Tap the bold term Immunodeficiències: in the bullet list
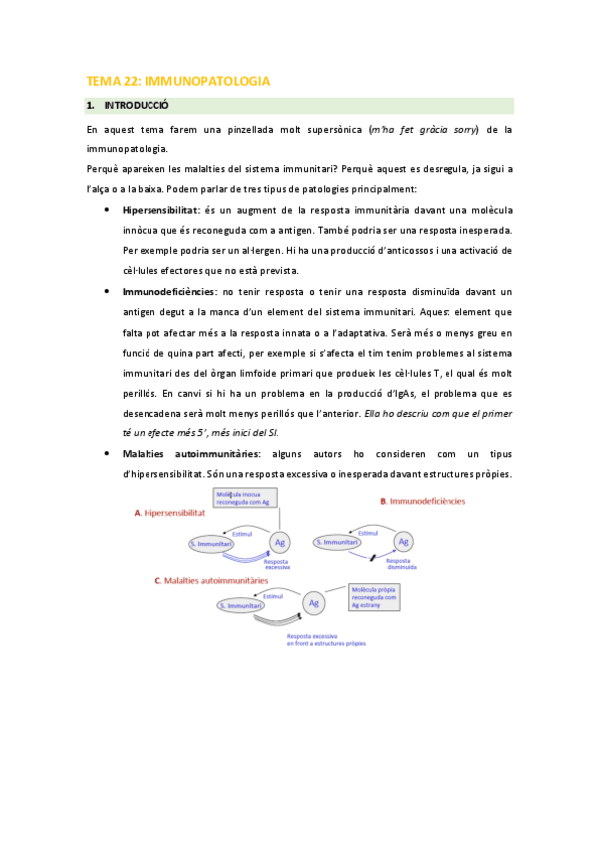click(169, 291)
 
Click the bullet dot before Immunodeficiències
click(107, 291)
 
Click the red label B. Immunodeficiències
click(423, 502)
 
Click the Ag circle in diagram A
click(281, 543)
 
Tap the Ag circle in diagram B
click(403, 542)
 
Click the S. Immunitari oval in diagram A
click(216, 543)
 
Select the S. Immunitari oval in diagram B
click(340, 542)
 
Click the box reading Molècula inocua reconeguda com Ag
click(238, 499)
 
